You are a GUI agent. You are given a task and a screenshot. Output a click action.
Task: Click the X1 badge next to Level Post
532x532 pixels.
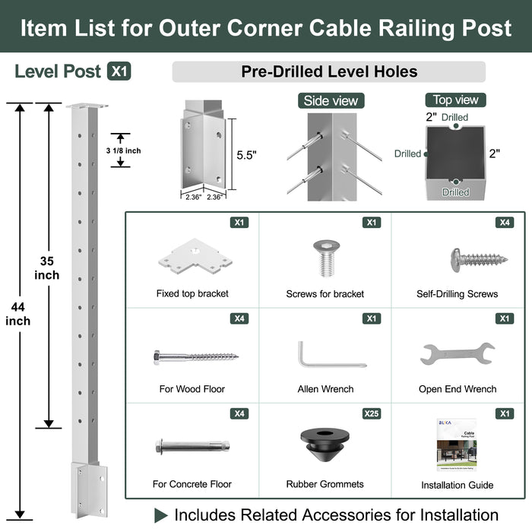[119, 71]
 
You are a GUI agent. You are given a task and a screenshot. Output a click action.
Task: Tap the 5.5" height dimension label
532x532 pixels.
[246, 155]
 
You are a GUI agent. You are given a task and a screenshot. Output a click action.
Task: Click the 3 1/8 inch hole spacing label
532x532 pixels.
[122, 150]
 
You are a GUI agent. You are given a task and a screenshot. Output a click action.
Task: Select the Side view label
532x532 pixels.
[331, 100]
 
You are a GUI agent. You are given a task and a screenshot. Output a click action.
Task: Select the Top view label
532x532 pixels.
[455, 100]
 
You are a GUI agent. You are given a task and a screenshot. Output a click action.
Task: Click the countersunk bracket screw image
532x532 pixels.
[325, 258]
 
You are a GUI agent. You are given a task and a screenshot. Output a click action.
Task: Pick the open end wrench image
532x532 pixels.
[457, 353]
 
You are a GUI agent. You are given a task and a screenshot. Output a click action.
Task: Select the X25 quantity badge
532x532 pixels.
[370, 413]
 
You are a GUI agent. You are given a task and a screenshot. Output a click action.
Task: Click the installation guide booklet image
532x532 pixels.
[457, 448]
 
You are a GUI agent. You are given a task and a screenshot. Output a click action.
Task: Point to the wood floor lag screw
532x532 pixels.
[194, 356]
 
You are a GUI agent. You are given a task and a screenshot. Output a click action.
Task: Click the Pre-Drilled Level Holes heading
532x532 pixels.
[329, 72]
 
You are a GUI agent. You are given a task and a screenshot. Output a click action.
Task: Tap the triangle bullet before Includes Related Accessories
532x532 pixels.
[161, 515]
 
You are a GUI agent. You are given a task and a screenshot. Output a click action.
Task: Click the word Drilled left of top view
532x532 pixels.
[408, 154]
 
